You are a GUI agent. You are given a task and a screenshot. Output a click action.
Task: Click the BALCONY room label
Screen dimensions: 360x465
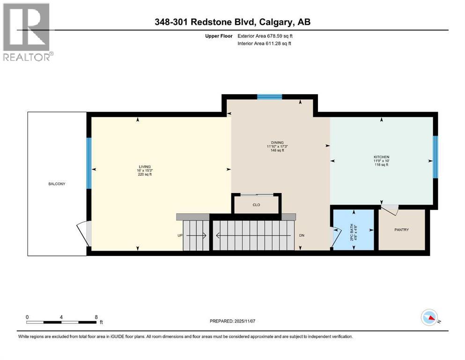point(57,184)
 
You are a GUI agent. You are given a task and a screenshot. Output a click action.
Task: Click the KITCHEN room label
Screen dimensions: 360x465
point(381,157)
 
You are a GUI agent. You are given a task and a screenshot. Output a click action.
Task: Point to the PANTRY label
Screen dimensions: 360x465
point(401,230)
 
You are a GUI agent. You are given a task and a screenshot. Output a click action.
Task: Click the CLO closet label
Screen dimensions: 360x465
point(256,205)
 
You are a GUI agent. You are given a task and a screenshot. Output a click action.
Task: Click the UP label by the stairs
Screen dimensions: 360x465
point(179,235)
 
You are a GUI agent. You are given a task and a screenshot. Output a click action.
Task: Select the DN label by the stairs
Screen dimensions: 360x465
point(302,235)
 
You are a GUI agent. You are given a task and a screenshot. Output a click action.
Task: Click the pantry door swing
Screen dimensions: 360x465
point(390,210)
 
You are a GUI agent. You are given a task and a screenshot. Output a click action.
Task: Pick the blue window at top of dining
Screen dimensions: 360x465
point(269,97)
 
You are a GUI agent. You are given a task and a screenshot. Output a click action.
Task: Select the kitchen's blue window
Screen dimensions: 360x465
point(435,157)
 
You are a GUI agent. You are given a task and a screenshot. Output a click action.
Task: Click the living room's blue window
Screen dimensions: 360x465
point(89,163)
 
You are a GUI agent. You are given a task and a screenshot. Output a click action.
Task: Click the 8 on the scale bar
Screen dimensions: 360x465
point(96,317)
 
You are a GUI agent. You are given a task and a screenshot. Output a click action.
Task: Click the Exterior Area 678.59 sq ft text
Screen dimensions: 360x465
point(267,36)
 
